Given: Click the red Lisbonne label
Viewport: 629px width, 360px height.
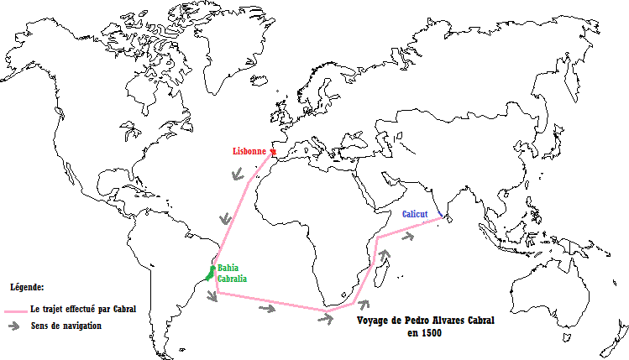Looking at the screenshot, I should point(250,152).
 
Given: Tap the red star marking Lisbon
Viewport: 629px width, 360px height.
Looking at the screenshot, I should point(272,152).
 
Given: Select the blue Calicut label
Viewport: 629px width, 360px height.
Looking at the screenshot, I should point(415,215).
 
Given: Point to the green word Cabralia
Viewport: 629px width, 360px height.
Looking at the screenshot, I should point(232,279).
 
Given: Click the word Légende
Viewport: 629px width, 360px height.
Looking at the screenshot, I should point(26,287).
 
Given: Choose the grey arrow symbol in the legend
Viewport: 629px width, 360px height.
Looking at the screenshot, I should point(15,326).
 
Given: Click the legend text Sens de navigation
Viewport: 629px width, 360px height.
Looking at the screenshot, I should point(66,326).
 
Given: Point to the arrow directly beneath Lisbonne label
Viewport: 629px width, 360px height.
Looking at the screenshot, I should point(238,175).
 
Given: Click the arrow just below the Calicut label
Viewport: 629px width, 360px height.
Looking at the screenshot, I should point(408,237).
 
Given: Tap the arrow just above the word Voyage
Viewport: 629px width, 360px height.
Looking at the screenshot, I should point(363,307).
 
